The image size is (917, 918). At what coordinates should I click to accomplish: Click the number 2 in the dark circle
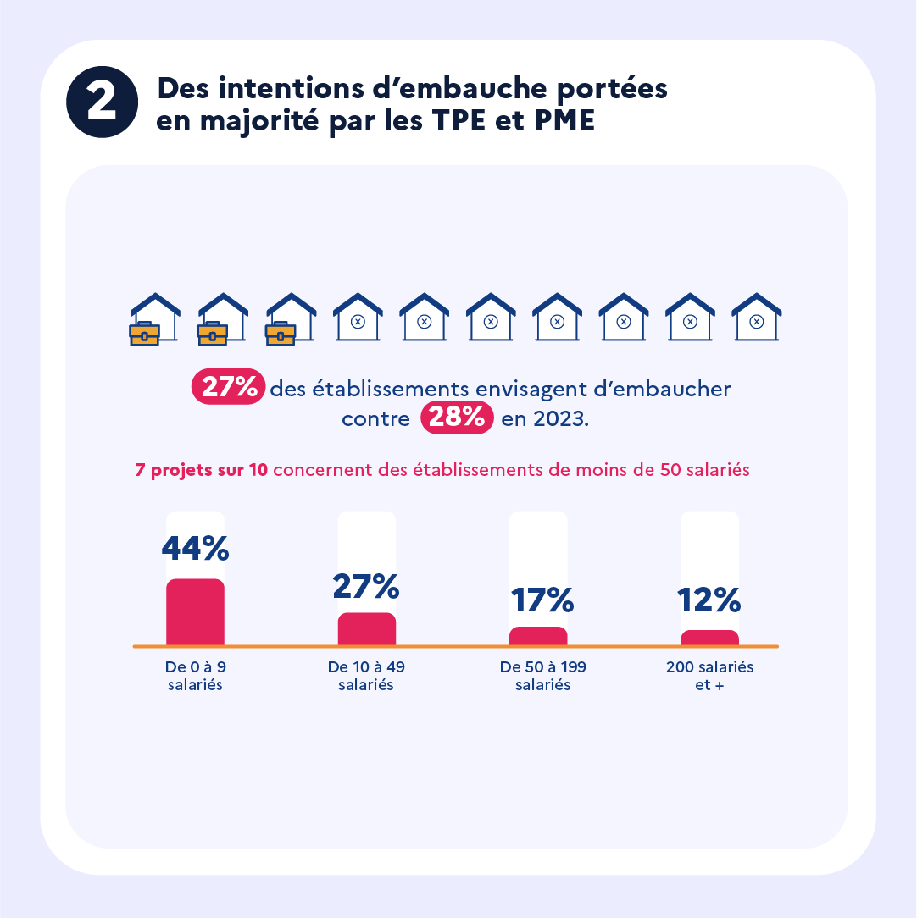(x=102, y=102)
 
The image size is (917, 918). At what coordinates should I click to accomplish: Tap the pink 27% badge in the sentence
(x=229, y=388)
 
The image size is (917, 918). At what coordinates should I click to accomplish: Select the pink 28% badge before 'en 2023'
(x=457, y=418)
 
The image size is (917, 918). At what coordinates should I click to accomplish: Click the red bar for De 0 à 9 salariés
(x=195, y=612)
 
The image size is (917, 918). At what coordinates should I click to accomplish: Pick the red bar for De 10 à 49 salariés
(x=366, y=629)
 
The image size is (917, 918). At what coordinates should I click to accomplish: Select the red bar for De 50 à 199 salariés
(x=538, y=636)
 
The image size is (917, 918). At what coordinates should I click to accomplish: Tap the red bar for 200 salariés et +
(x=709, y=638)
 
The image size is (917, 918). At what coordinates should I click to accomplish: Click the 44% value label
(x=195, y=549)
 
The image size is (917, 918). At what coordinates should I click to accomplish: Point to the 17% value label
(x=542, y=600)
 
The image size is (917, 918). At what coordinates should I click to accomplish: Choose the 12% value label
(x=709, y=600)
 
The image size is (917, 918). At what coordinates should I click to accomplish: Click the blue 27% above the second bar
(x=365, y=586)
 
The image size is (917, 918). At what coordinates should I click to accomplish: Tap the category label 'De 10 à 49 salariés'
(x=366, y=676)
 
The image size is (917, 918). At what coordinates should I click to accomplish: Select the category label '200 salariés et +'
(x=709, y=676)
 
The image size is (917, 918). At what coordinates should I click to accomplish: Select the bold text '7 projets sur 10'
(x=202, y=471)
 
